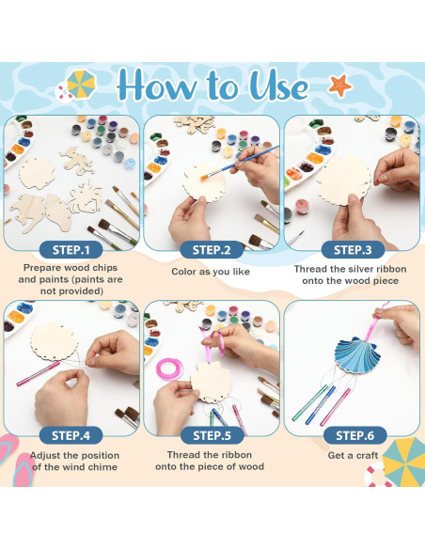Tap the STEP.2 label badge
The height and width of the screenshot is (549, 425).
click(x=212, y=250)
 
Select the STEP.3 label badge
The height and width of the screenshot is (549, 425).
click(x=354, y=250)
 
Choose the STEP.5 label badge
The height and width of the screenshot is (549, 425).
click(x=212, y=435)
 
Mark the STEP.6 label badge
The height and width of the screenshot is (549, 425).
click(x=354, y=435)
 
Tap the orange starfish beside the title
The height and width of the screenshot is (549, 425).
click(x=339, y=87)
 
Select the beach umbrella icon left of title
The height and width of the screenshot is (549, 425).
click(x=79, y=85)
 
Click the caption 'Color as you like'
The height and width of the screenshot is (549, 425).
click(x=212, y=272)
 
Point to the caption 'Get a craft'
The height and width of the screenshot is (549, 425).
click(x=354, y=456)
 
